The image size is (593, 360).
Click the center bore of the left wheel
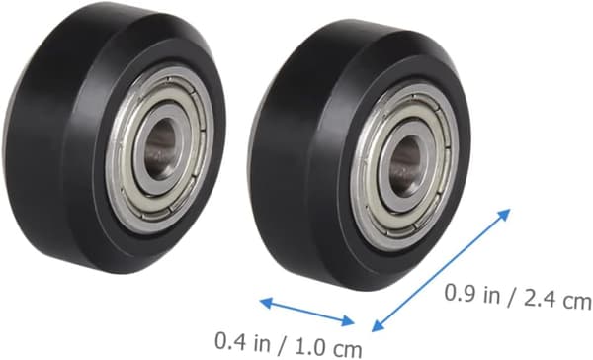tap(160, 148)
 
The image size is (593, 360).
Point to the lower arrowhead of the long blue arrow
tap(379, 326)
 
